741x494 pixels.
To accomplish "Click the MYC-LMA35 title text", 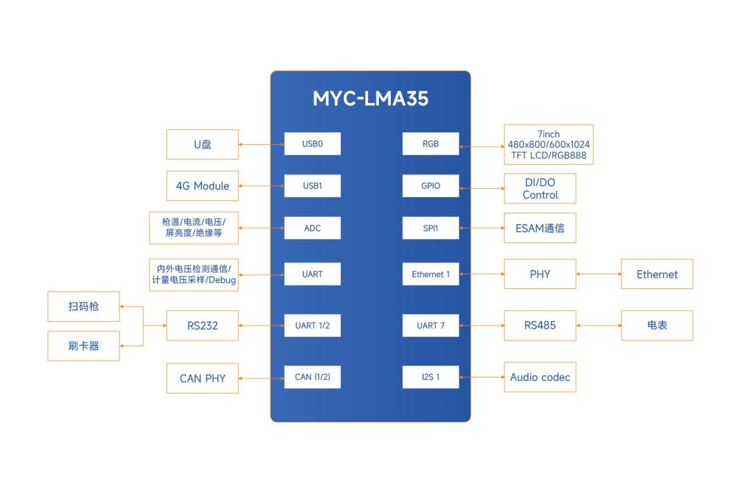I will pyautogui.click(x=370, y=98).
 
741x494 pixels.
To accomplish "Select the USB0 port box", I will pyautogui.click(x=312, y=144).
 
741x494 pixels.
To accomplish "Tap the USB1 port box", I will pyautogui.click(x=312, y=186).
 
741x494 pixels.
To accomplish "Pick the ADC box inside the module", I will pyautogui.click(x=312, y=228).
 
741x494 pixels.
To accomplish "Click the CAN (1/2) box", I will pyautogui.click(x=312, y=377).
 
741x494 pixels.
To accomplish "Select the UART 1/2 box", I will pyautogui.click(x=312, y=325).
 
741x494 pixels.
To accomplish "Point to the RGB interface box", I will pyautogui.click(x=431, y=144).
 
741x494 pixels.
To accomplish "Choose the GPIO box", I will pyautogui.click(x=431, y=186).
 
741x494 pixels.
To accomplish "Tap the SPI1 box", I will pyautogui.click(x=431, y=228).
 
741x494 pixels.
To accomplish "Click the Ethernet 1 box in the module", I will pyautogui.click(x=431, y=274).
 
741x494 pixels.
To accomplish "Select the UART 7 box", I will pyautogui.click(x=431, y=325).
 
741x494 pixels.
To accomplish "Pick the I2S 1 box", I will pyautogui.click(x=431, y=377).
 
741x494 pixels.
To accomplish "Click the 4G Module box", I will pyautogui.click(x=203, y=186).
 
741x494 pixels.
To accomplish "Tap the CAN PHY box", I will pyautogui.click(x=203, y=378).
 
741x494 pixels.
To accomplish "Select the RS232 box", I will pyautogui.click(x=203, y=325).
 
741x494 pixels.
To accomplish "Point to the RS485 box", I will pyautogui.click(x=539, y=325).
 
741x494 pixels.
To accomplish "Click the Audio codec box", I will pyautogui.click(x=539, y=377).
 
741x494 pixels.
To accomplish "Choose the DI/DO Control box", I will pyautogui.click(x=539, y=189).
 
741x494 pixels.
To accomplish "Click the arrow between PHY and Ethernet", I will pyautogui.click(x=599, y=274).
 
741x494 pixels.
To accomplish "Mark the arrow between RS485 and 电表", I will pyautogui.click(x=599, y=325).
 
